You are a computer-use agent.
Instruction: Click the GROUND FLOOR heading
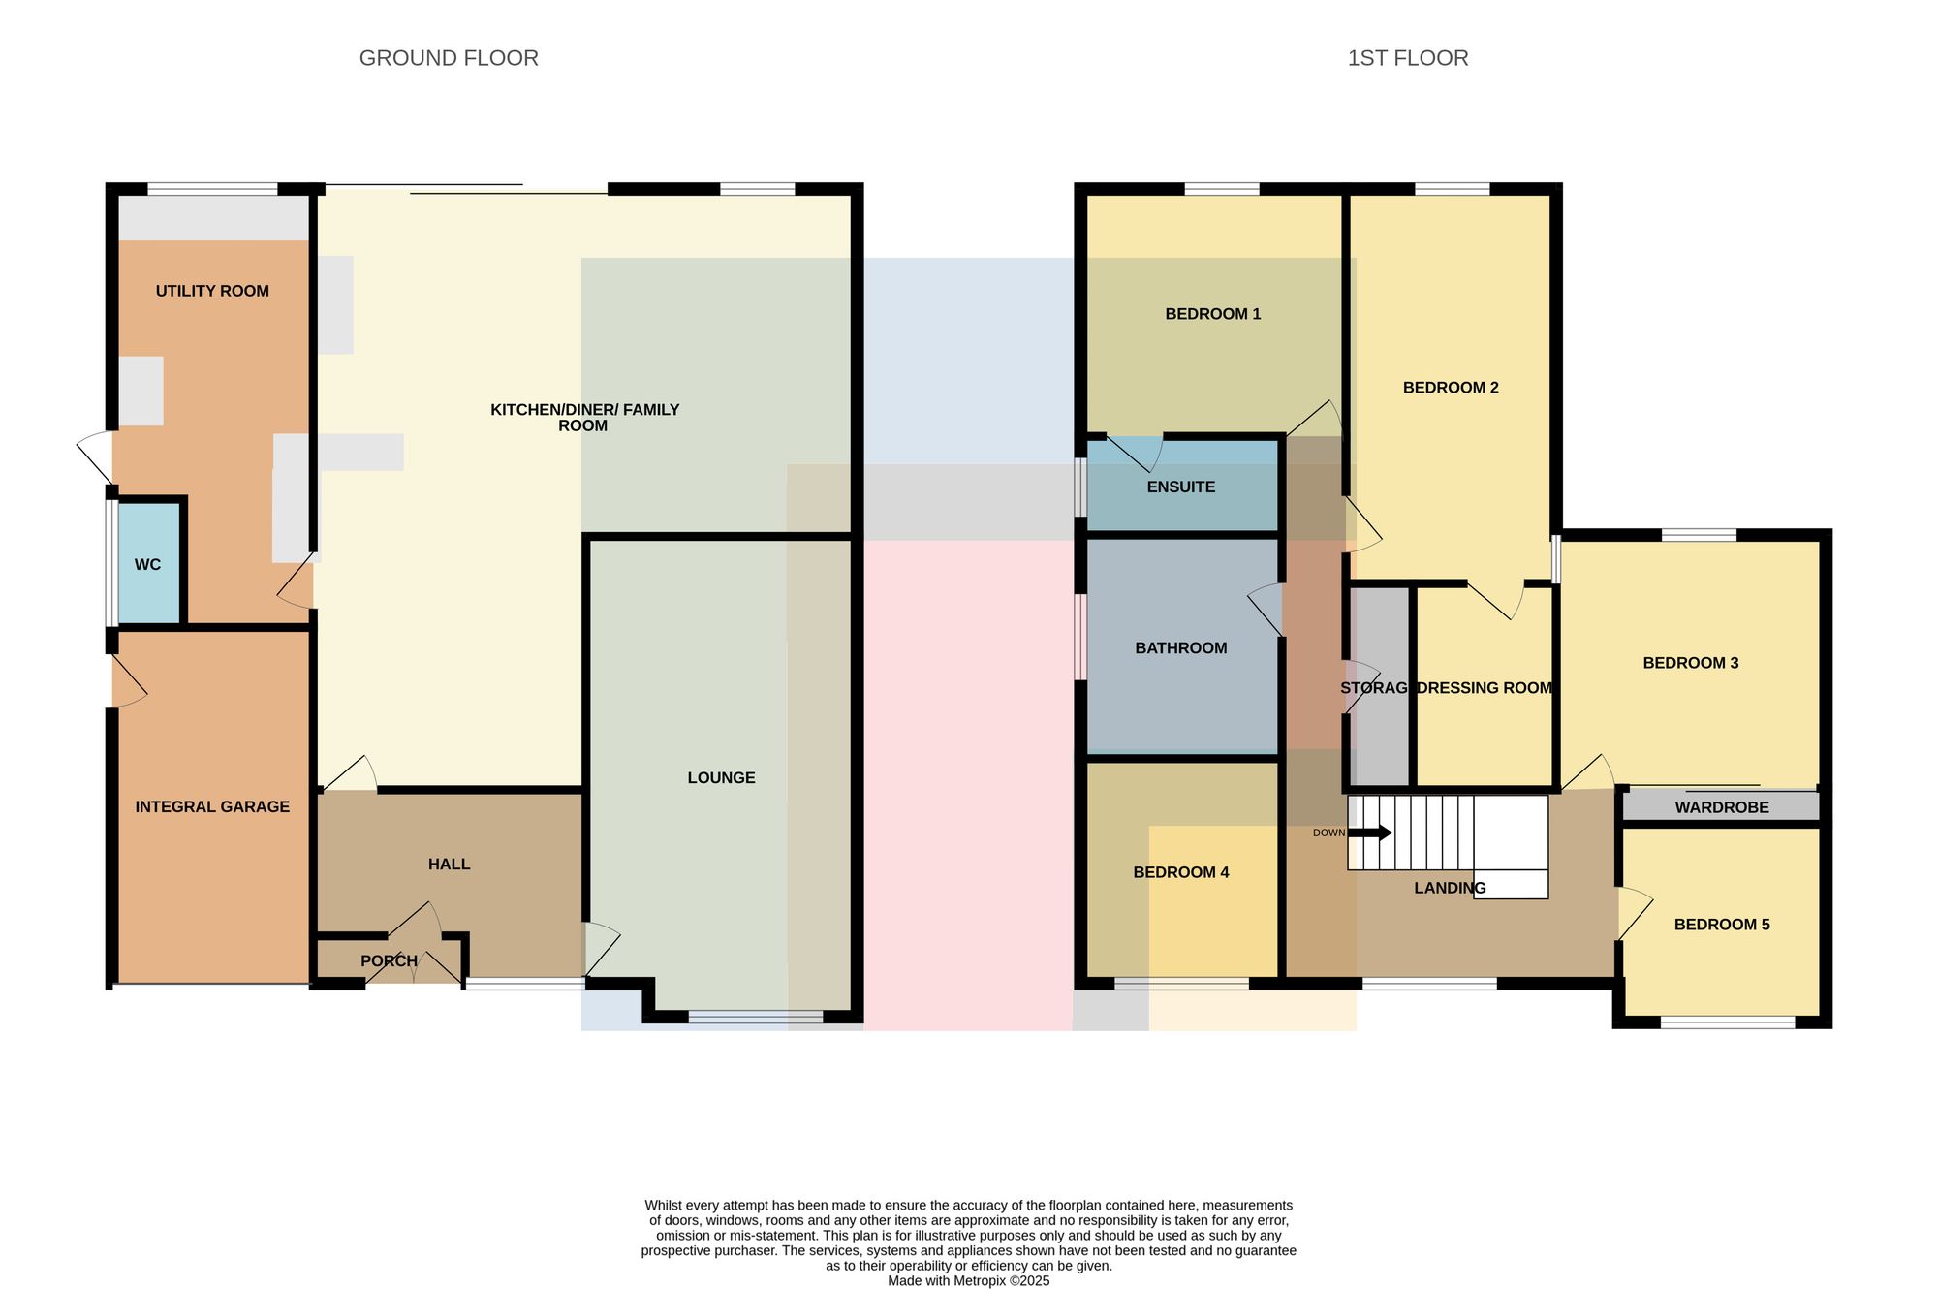coord(449,58)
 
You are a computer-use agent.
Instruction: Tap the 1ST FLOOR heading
coord(1408,58)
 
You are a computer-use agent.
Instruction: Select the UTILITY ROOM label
coord(212,291)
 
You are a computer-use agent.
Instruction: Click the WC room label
coord(148,564)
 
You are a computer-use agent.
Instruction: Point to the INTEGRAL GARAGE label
coord(212,806)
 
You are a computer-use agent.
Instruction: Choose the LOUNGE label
coord(721,777)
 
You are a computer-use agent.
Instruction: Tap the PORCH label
coord(389,960)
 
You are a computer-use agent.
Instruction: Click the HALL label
coord(449,864)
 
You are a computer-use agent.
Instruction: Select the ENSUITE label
coord(1180,487)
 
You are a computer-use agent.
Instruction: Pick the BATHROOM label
coord(1180,647)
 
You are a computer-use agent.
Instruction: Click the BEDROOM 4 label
coord(1180,872)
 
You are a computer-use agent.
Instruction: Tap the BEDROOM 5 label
coord(1722,925)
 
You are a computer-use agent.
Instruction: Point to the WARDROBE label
coord(1722,807)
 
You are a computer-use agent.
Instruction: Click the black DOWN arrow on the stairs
coord(1370,833)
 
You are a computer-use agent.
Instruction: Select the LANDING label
coord(1450,888)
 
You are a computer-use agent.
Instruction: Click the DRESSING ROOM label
coord(1485,688)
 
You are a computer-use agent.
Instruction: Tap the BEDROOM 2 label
coord(1451,388)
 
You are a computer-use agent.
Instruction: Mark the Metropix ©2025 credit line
coord(969,1280)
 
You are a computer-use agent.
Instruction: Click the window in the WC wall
coord(112,563)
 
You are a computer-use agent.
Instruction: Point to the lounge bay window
coord(756,1017)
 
